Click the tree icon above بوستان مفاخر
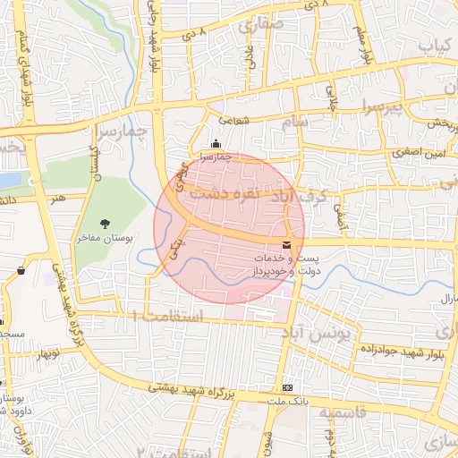tap(106, 224)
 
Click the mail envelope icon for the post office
tap(286, 245)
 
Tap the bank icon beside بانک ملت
tap(287, 388)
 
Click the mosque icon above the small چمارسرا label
tap(215, 143)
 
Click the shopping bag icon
tap(21, 270)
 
